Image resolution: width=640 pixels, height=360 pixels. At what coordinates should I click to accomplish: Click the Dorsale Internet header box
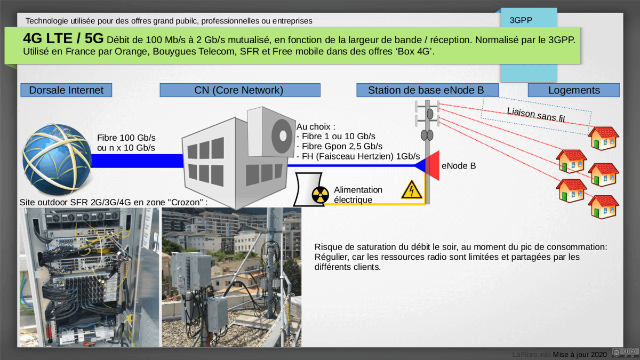tap(66, 90)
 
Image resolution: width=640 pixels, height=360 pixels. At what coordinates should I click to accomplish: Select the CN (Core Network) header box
tap(239, 90)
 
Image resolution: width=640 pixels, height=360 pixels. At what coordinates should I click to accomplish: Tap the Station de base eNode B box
tap(427, 90)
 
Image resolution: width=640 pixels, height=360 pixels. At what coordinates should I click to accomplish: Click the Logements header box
tap(574, 90)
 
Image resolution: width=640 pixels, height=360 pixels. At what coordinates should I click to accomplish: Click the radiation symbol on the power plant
tap(321, 195)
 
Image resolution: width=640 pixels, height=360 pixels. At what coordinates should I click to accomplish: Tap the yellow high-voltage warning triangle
tap(411, 190)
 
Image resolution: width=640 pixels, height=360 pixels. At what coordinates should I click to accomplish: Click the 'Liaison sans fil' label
tap(535, 115)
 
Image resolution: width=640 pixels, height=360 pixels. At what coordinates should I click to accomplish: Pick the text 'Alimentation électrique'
tap(358, 195)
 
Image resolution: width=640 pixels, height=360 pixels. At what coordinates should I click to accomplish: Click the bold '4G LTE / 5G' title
tap(63, 39)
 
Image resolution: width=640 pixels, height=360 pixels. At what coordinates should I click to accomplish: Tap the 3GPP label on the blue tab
tap(521, 21)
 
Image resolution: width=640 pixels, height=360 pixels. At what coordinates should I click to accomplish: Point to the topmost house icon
tap(603, 138)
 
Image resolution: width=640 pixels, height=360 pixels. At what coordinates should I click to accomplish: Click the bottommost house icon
tap(603, 207)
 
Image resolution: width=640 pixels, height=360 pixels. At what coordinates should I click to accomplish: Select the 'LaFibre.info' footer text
tap(531, 354)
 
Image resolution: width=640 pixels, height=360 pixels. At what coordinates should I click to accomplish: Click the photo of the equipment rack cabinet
tap(89, 277)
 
